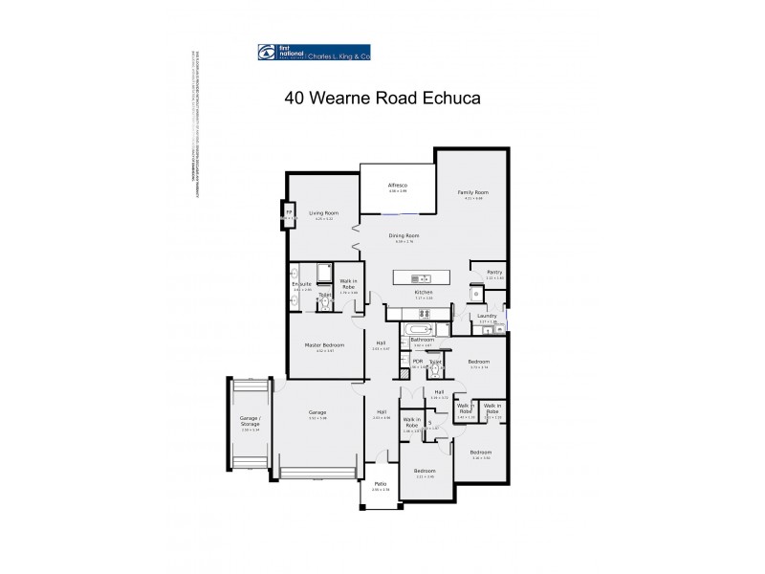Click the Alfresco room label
coord(398,185)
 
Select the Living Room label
coord(322,212)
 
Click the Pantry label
coord(494,272)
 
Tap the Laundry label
coord(487,316)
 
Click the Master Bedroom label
coord(324,344)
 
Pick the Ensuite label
coord(302,283)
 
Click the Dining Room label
coord(404,235)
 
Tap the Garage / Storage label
coord(249,426)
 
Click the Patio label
coord(380,484)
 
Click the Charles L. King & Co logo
coord(315,54)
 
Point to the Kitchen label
coord(424,292)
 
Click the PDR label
coord(417,361)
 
